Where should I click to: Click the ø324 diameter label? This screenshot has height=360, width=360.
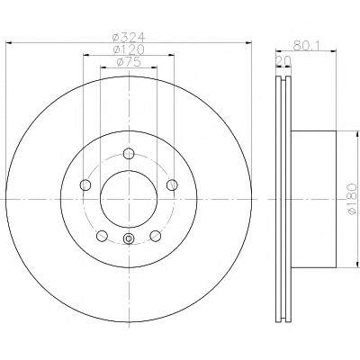(129, 38)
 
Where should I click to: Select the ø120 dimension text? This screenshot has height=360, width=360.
(129, 49)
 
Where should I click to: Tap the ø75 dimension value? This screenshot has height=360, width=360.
(129, 62)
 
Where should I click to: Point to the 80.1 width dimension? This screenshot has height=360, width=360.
(306, 45)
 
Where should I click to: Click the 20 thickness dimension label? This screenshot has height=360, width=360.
(283, 61)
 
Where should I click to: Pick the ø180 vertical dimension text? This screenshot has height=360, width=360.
(352, 199)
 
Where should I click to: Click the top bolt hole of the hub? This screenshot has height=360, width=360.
(129, 154)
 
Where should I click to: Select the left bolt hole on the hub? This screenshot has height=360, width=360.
(85, 184)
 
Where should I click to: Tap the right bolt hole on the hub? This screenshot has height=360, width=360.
(172, 184)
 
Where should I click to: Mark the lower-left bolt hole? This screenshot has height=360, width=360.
(102, 236)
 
